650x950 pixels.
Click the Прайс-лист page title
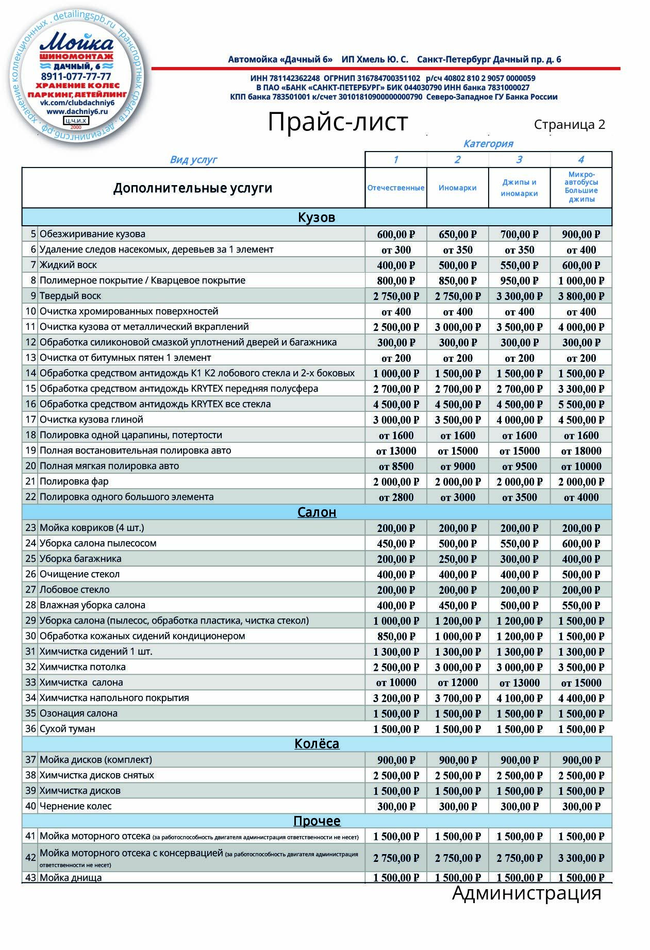click(x=338, y=123)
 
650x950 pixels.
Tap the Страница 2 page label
click(x=569, y=125)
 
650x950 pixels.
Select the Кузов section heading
click(x=316, y=218)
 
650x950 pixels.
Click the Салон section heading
click(x=316, y=512)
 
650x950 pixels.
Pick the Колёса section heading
click(x=316, y=744)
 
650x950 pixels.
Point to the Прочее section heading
click(x=316, y=821)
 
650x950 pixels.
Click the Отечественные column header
click(x=396, y=188)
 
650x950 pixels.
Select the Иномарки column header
click(x=457, y=188)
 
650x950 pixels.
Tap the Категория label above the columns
click(x=488, y=144)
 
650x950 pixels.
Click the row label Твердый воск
click(x=70, y=296)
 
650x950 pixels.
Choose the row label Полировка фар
click(x=74, y=481)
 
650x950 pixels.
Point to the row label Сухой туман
click(x=67, y=729)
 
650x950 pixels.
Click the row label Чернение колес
click(x=75, y=806)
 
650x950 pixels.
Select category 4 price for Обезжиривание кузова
click(x=581, y=235)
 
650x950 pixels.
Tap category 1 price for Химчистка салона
click(x=396, y=682)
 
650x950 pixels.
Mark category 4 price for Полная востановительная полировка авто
click(x=581, y=451)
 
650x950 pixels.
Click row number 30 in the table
click(x=30, y=636)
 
